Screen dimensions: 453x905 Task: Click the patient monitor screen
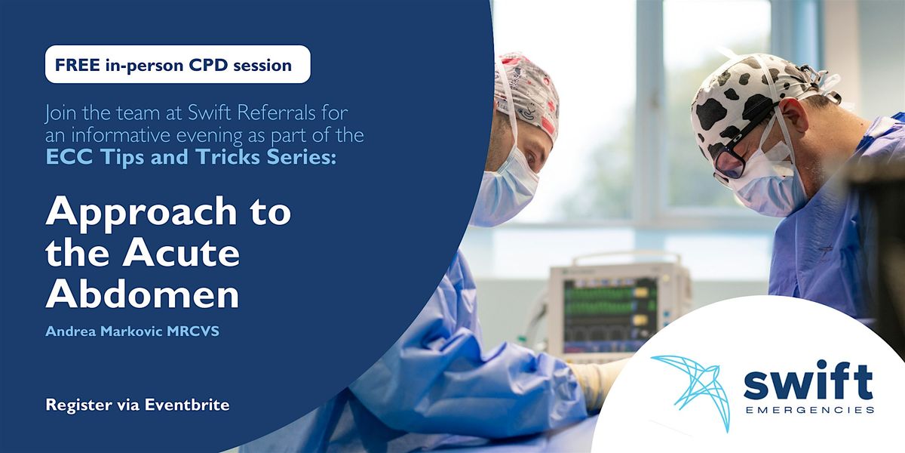coord(603,306)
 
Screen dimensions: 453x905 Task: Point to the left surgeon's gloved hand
coord(596,377)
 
